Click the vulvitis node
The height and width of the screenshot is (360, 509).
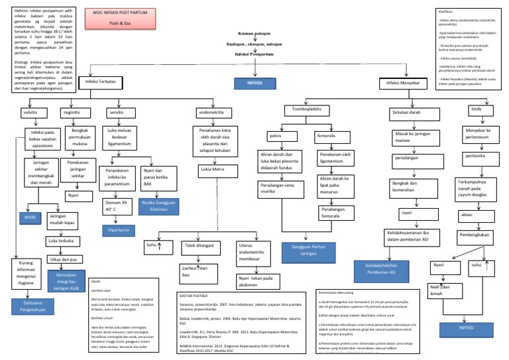click(30, 113)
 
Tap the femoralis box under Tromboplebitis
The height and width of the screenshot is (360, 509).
click(327, 136)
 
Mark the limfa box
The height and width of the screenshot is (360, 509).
click(476, 109)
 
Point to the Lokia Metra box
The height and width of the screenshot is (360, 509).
click(213, 170)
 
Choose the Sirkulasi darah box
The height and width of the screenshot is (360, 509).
click(406, 113)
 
